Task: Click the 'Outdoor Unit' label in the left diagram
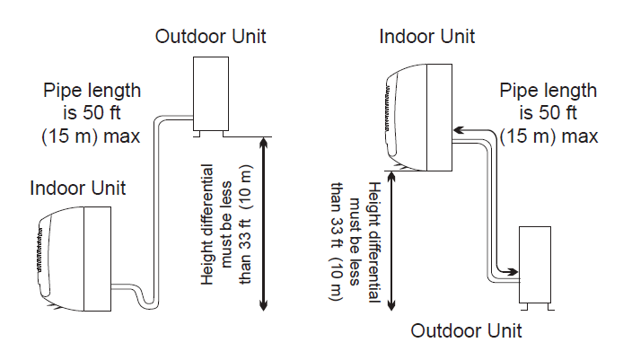211,36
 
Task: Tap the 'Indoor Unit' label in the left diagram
78,189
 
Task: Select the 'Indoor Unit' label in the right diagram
427,36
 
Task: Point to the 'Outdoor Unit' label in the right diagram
466,330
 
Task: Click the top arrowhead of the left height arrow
262,142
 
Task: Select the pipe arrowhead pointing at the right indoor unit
458,131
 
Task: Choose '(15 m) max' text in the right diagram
548,136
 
